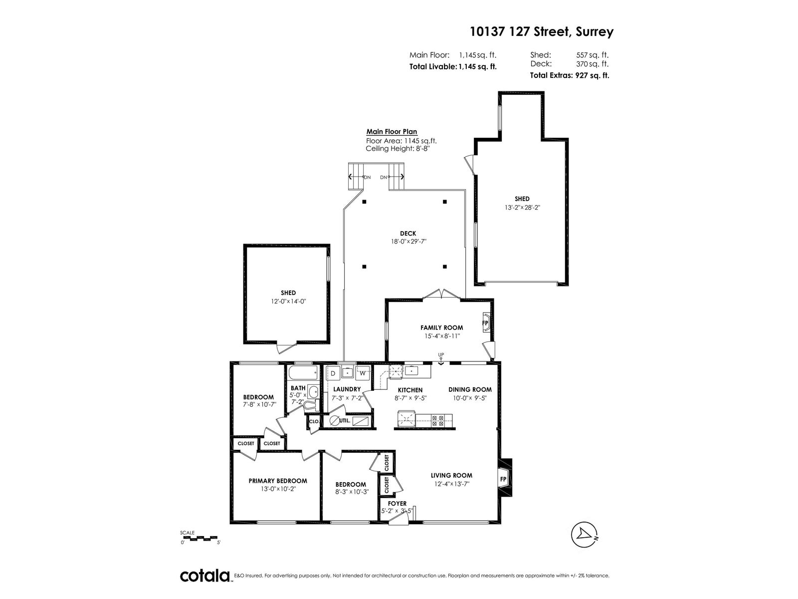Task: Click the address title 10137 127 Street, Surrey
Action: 541,32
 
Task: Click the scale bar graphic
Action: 199,538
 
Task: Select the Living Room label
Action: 451,475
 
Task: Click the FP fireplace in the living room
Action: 504,479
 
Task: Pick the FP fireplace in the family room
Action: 486,322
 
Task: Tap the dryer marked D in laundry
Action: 333,373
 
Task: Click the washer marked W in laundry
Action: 363,373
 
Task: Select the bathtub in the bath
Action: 303,373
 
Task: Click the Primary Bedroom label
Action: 278,480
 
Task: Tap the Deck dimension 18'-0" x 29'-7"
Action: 408,241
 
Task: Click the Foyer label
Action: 397,503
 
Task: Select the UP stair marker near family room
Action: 441,354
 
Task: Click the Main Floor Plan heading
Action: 392,132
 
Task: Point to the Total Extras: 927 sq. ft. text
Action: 570,75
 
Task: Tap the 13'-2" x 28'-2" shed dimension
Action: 522,207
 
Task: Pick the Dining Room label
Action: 470,389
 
